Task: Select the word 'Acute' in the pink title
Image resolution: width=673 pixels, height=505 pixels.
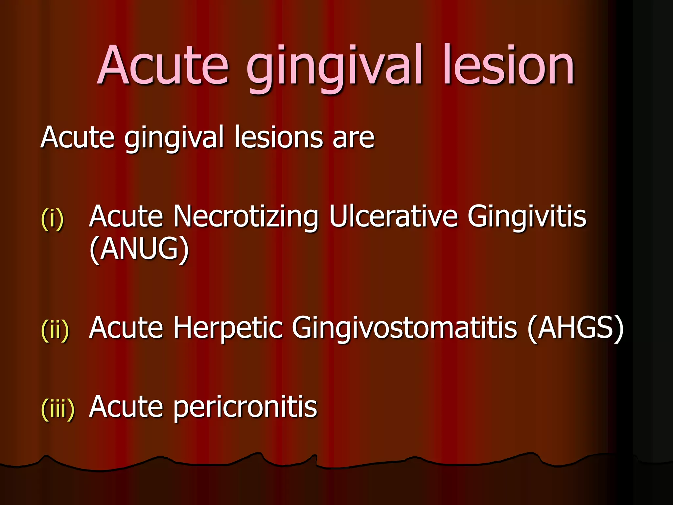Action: (x=163, y=66)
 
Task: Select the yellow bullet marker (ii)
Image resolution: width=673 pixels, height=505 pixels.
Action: (x=55, y=330)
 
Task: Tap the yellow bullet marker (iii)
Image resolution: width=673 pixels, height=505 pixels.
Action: (x=58, y=409)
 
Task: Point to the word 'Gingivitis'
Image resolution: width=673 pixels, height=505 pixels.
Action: (x=527, y=217)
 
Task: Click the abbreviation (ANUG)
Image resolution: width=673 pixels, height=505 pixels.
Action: (x=139, y=249)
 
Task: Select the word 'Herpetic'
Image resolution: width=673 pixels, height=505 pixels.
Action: (x=228, y=328)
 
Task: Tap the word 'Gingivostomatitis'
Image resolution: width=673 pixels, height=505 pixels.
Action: (x=404, y=328)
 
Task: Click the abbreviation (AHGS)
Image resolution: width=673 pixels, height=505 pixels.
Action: (x=575, y=328)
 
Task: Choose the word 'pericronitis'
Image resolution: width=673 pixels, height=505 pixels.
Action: (x=245, y=408)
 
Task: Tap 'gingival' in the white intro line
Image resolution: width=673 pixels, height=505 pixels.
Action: (x=174, y=138)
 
